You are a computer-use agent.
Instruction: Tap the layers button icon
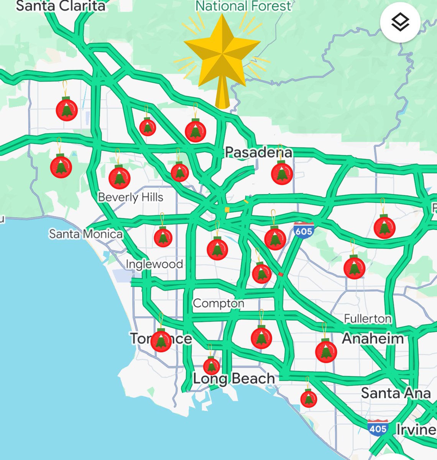click(x=400, y=22)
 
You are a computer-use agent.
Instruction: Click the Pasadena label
click(x=258, y=152)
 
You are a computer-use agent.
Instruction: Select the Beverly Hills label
click(x=130, y=197)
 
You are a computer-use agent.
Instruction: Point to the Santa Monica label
click(x=86, y=234)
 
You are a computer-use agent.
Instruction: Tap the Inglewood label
click(x=154, y=264)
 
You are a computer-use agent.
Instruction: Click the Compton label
click(x=219, y=303)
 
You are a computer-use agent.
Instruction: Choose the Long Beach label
click(x=233, y=379)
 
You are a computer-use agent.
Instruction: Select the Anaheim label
click(x=373, y=338)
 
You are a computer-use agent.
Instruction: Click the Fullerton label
click(x=368, y=319)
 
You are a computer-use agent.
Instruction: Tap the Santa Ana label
click(x=396, y=393)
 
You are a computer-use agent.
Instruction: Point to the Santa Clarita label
click(x=61, y=6)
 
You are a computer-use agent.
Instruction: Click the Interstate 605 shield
click(x=304, y=231)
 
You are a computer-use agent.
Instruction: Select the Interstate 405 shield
click(x=378, y=428)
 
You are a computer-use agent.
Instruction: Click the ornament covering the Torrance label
click(x=161, y=340)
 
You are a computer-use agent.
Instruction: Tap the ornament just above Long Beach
click(x=211, y=366)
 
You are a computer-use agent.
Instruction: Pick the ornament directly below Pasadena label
click(x=282, y=173)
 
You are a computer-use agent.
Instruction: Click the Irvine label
click(x=416, y=430)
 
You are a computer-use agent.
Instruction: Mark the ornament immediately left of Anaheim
click(x=326, y=351)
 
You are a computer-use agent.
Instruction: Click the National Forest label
click(x=243, y=6)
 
